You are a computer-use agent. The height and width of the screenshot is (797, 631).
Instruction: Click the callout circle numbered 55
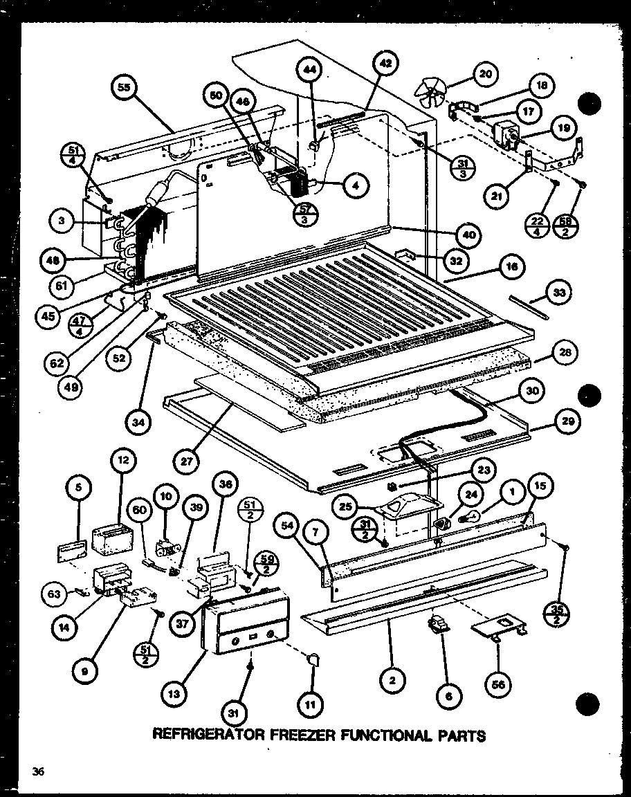pyautogui.click(x=125, y=88)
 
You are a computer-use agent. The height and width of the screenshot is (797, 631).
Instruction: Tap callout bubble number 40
pyautogui.click(x=469, y=235)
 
